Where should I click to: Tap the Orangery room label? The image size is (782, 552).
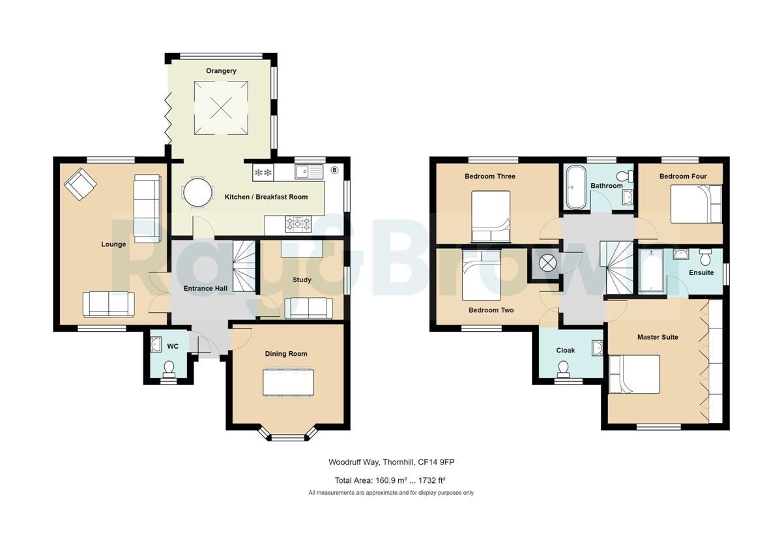point(221,71)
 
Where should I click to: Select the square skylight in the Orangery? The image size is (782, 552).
point(221,108)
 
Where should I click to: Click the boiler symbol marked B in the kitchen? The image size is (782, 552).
point(335,170)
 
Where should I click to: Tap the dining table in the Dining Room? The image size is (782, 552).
point(289,382)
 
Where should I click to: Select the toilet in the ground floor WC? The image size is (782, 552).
point(169,369)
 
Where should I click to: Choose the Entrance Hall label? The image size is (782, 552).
point(202,288)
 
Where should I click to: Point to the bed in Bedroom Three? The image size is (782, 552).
point(491,216)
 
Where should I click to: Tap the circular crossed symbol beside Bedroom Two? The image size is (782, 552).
point(546,263)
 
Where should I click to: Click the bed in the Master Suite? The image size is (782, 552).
point(634,374)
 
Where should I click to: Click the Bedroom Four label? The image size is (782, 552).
point(682,176)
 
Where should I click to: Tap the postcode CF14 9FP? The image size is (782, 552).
point(444,462)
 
